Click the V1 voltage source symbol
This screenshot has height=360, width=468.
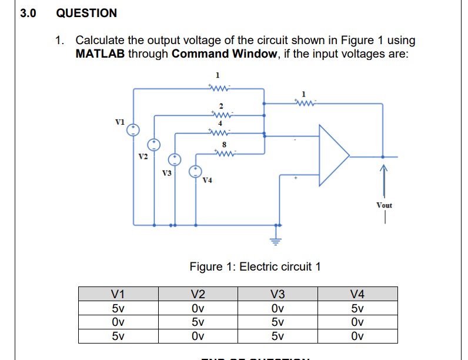click(134, 129)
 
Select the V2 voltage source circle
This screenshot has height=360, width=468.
click(154, 144)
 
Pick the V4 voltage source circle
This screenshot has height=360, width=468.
click(195, 171)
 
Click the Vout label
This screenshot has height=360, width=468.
click(384, 205)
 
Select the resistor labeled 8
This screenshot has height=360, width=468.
click(223, 156)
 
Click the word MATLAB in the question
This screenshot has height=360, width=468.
click(101, 54)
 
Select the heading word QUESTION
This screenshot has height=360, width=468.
click(86, 13)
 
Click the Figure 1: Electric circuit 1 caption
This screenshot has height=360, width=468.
click(255, 266)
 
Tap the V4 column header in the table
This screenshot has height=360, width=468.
click(357, 294)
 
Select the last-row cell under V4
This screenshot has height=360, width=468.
click(357, 336)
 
